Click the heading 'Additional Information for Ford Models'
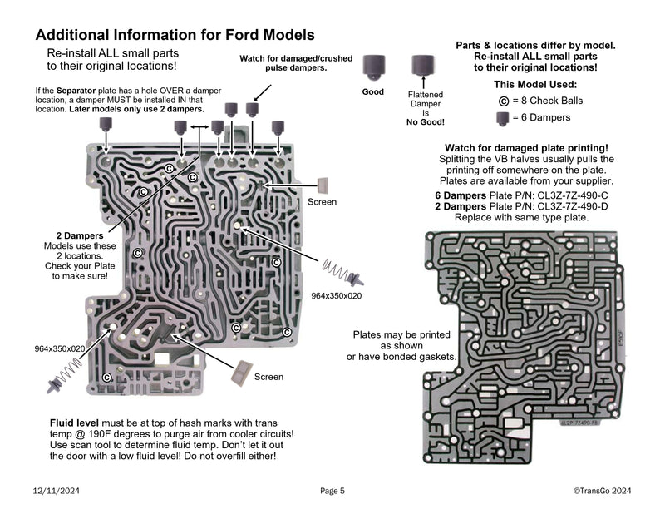pyautogui.click(x=175, y=36)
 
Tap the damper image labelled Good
pyautogui.click(x=372, y=67)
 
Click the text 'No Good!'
pyautogui.click(x=425, y=121)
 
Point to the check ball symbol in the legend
pyautogui.click(x=503, y=101)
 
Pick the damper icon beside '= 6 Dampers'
pyautogui.click(x=503, y=118)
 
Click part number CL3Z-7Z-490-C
pyautogui.click(x=574, y=195)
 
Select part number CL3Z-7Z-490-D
pyautogui.click(x=574, y=206)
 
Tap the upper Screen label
pyautogui.click(x=322, y=202)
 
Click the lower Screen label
pyautogui.click(x=268, y=377)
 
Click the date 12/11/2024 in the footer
pyautogui.click(x=57, y=491)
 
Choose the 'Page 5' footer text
pyautogui.click(x=332, y=491)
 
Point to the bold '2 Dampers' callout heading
pyautogui.click(x=74, y=236)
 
